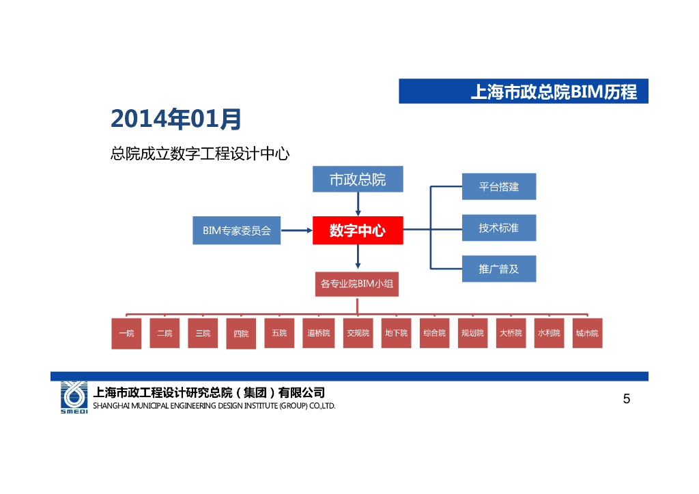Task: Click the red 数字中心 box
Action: [358, 231]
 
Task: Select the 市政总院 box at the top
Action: [358, 179]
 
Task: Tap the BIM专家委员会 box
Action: [237, 231]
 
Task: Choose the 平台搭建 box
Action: [498, 187]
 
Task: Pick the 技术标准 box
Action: [498, 228]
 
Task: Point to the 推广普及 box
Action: [498, 269]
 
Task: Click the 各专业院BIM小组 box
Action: [357, 284]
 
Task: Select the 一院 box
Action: [126, 334]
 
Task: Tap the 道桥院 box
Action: [318, 334]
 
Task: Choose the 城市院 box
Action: [587, 334]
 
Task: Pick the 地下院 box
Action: [396, 334]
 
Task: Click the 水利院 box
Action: [549, 334]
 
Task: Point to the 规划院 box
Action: [472, 334]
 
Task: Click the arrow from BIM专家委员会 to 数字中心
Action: [296, 231]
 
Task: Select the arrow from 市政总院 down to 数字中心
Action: [358, 204]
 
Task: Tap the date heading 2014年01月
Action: [176, 119]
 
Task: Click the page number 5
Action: [627, 399]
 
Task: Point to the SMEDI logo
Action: [74, 397]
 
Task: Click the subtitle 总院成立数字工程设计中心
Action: [200, 154]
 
